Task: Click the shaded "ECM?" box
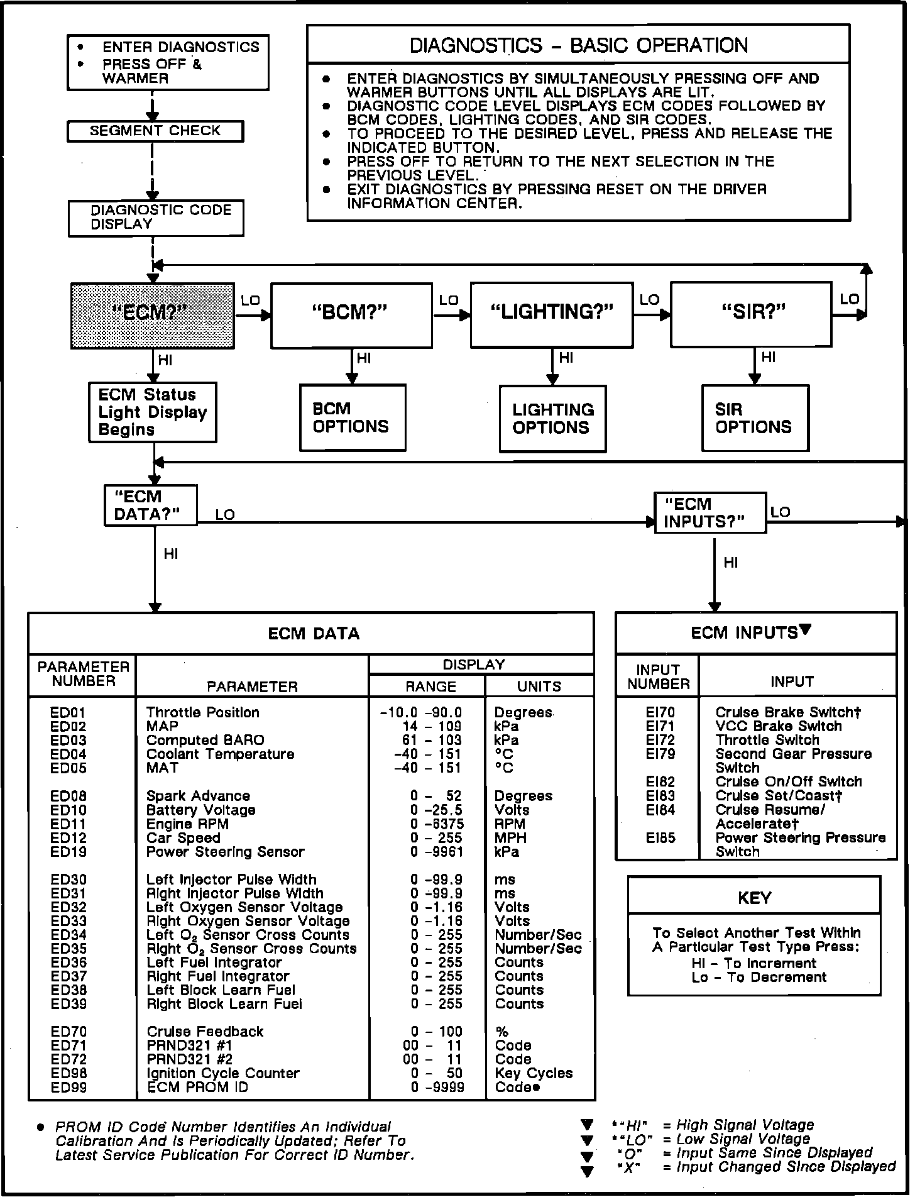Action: [x=153, y=316]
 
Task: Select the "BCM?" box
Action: [x=351, y=314]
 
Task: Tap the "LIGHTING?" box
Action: [x=551, y=314]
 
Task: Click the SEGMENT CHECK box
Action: [x=155, y=131]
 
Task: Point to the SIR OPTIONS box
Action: [x=754, y=418]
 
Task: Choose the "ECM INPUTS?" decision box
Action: [x=710, y=513]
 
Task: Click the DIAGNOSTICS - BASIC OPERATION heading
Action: [x=578, y=45]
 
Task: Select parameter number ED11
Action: [x=68, y=824]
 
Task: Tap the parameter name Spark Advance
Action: [x=198, y=797]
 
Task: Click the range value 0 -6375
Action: [x=437, y=824]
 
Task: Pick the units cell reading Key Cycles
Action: [x=534, y=1073]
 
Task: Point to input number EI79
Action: [x=660, y=754]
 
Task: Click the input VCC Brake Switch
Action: [x=778, y=726]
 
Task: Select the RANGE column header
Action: [x=430, y=687]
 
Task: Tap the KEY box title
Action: [x=754, y=898]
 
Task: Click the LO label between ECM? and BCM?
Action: [x=250, y=301]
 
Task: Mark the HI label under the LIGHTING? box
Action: [x=566, y=358]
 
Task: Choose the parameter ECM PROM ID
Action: [x=197, y=1088]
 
